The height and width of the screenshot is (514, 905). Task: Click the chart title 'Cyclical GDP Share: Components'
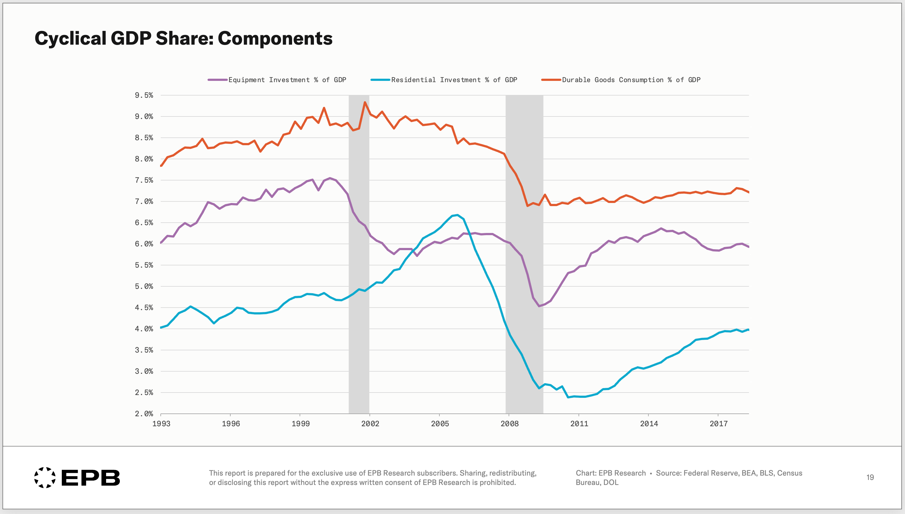click(x=183, y=38)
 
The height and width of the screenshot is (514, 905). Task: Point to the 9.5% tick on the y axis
click(x=144, y=95)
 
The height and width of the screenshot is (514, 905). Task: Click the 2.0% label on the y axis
click(x=144, y=414)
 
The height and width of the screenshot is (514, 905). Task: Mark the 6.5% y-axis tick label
click(x=144, y=223)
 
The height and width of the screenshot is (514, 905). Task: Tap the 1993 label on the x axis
click(x=161, y=424)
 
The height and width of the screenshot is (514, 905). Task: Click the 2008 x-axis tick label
click(x=509, y=424)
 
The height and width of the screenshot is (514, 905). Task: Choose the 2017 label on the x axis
click(x=718, y=424)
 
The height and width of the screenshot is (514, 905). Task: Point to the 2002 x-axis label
click(x=370, y=424)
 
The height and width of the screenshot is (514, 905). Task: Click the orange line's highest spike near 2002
click(x=365, y=102)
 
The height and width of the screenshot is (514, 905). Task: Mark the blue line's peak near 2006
click(x=457, y=215)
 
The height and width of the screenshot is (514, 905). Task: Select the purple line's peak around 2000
click(x=330, y=178)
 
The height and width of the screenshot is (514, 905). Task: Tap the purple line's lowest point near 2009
click(x=539, y=306)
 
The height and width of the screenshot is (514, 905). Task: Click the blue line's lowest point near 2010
click(x=568, y=397)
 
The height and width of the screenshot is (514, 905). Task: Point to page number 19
click(x=870, y=477)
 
